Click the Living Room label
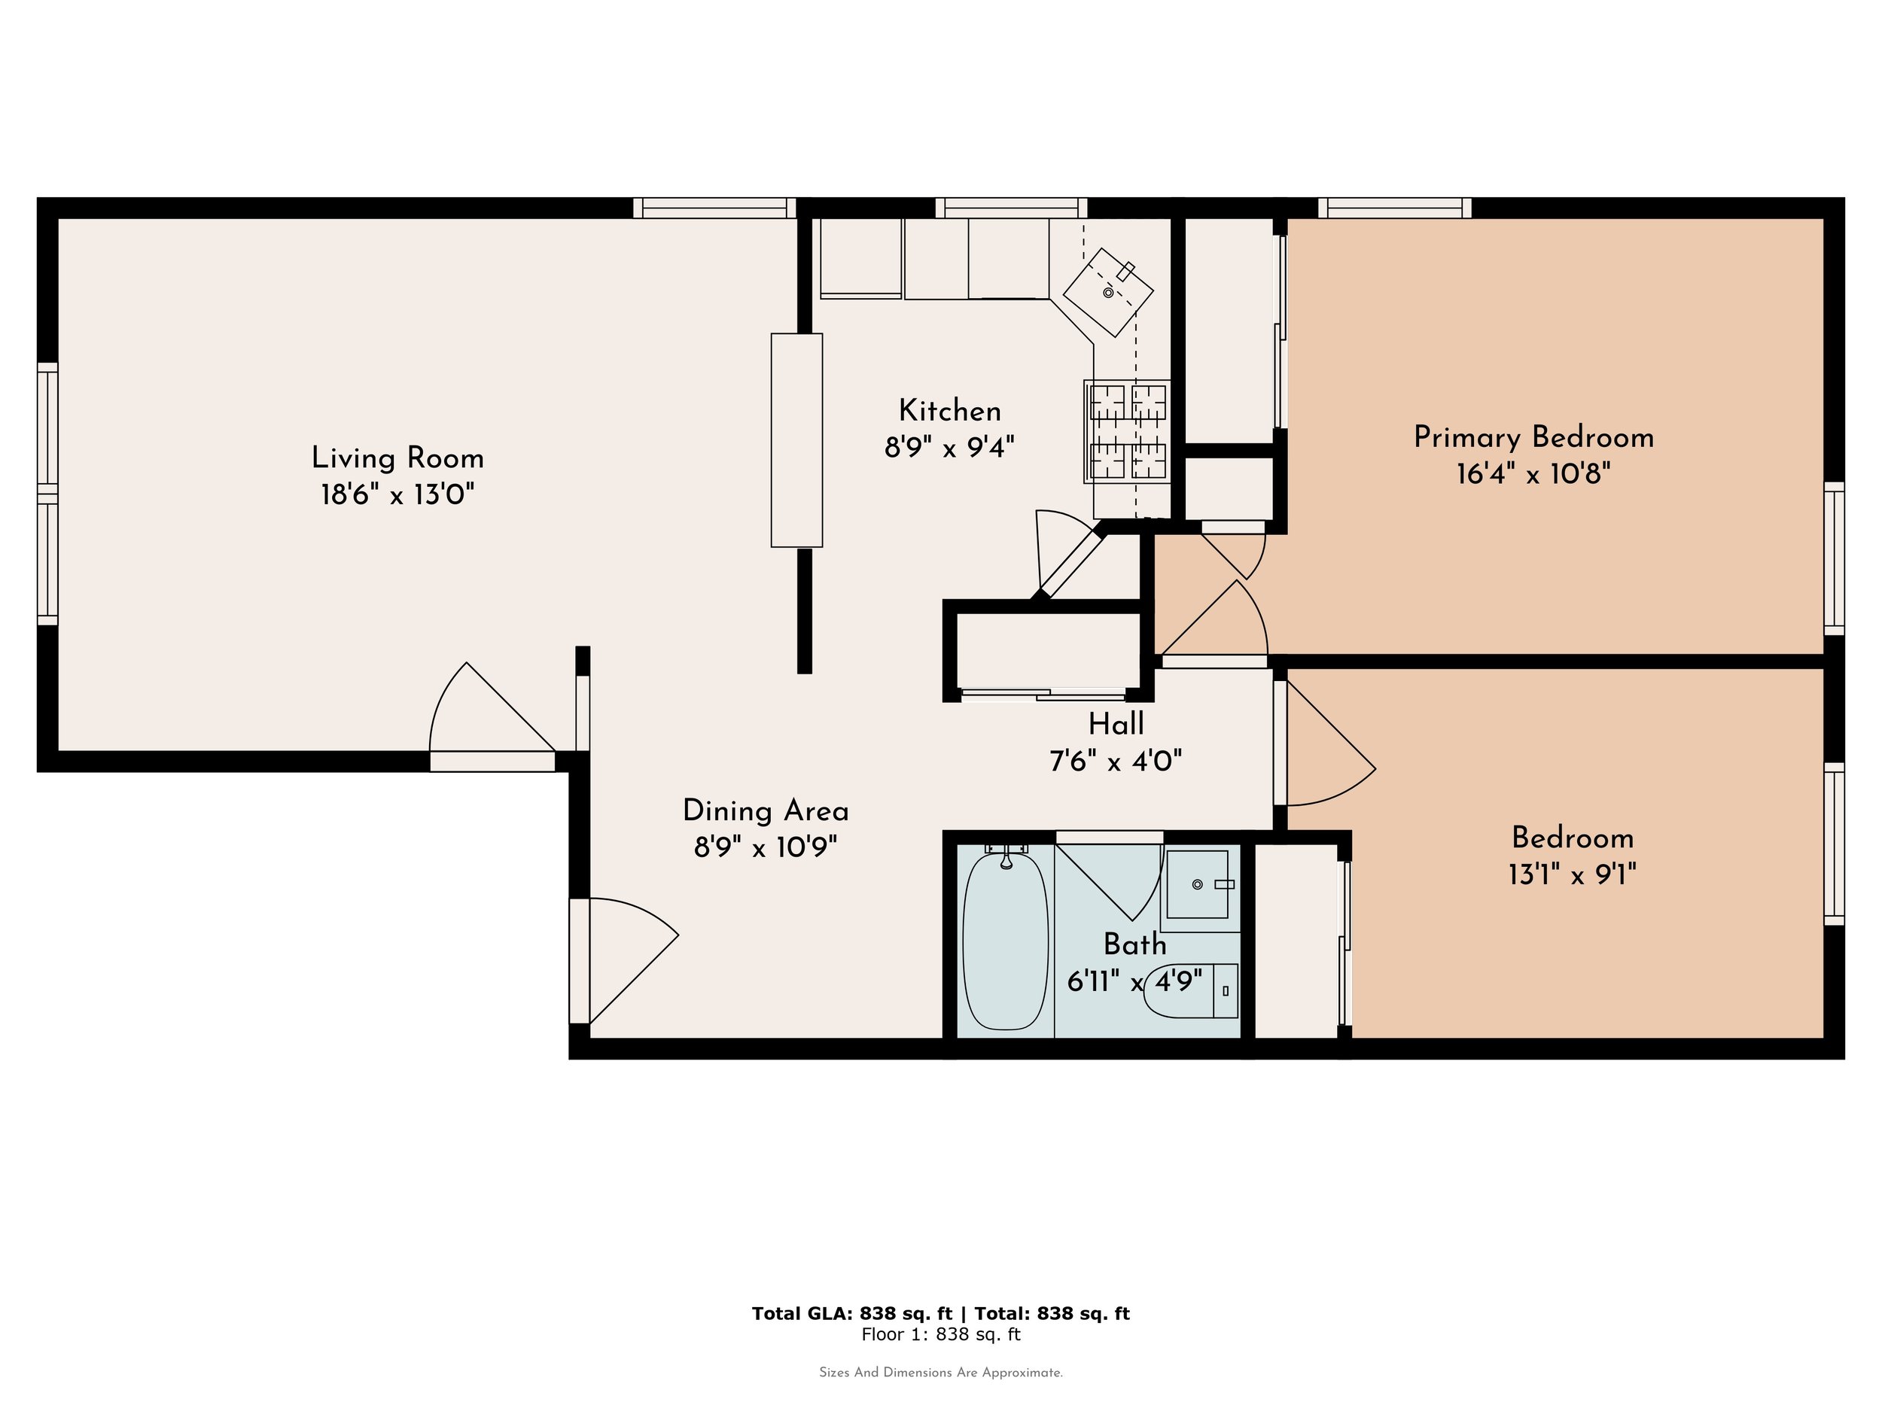pos(397,458)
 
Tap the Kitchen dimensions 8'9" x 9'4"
pos(949,446)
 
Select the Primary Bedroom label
pos(1533,437)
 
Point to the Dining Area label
pos(766,811)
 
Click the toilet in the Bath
pos(1191,991)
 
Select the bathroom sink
pos(1198,884)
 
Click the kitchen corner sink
pos(1108,292)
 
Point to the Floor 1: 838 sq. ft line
pos(941,1334)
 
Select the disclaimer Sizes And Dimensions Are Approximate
pos(941,1372)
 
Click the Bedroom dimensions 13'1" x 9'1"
pos(1573,874)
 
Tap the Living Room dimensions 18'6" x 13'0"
pos(397,494)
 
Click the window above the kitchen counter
pos(1012,208)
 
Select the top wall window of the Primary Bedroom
pos(1394,208)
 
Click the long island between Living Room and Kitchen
pos(796,439)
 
